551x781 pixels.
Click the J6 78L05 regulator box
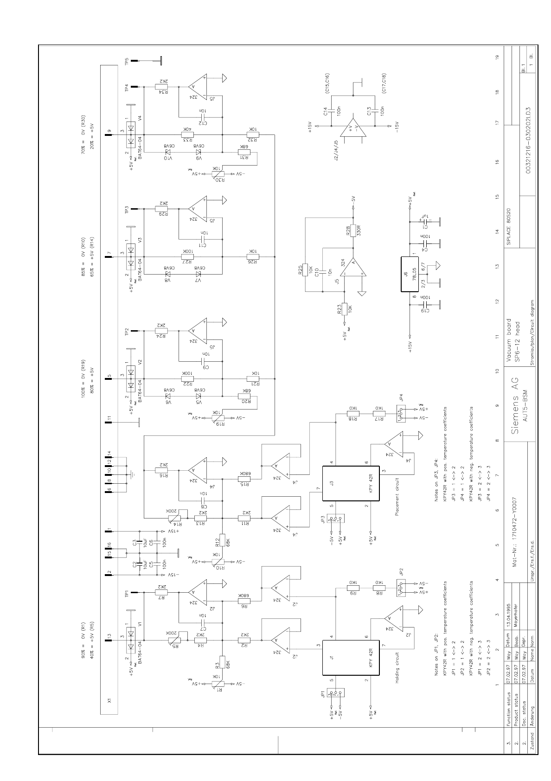(x=407, y=274)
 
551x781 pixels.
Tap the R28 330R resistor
(x=352, y=230)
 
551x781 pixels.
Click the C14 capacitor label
(x=325, y=111)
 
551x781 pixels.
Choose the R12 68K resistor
(x=222, y=540)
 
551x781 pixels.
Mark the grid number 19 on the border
(x=497, y=58)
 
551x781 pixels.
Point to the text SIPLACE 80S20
(x=508, y=224)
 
